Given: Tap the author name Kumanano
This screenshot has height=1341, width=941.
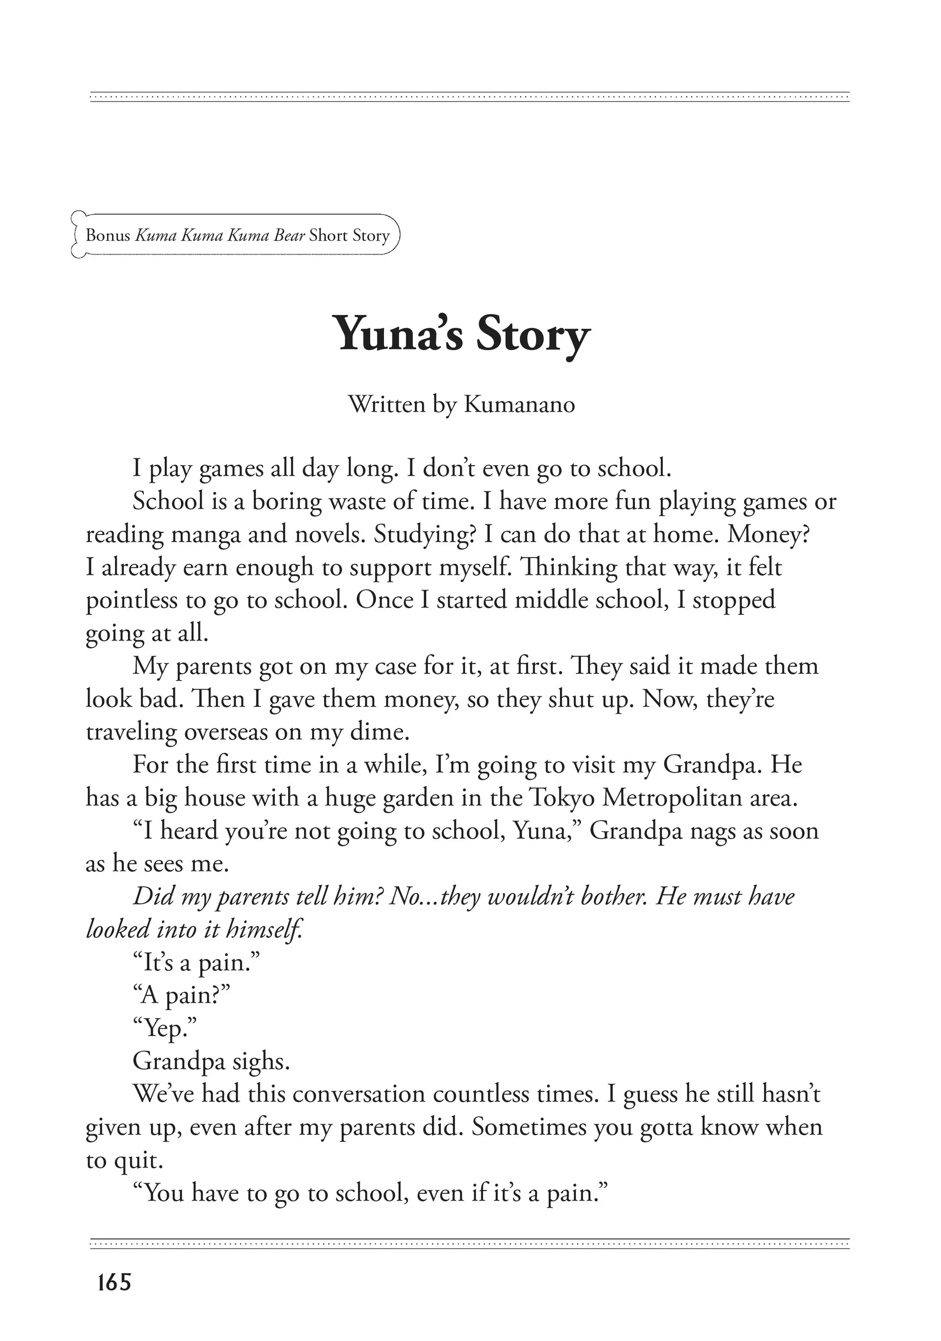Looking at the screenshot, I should click(519, 404).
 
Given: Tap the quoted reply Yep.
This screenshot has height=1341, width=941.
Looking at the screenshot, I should click(165, 1028).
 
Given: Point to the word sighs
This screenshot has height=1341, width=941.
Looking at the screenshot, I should click(261, 1061).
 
